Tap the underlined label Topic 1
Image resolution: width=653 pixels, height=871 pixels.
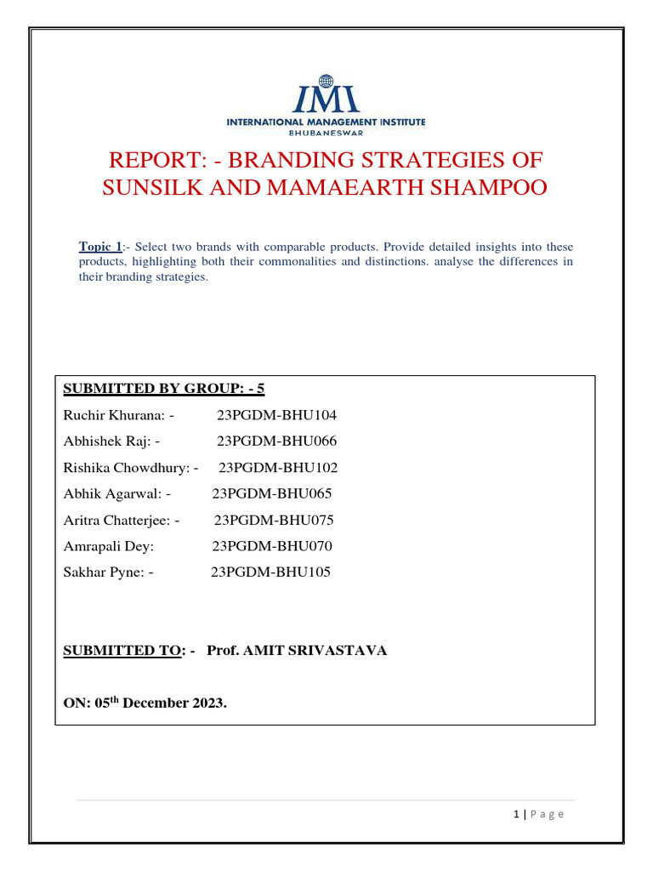pyautogui.click(x=100, y=247)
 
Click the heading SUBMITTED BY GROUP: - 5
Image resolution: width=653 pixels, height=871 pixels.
pyautogui.click(x=164, y=389)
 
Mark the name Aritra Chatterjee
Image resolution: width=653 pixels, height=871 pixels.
pyautogui.click(x=117, y=520)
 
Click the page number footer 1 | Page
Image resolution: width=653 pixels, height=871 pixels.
pyautogui.click(x=539, y=814)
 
